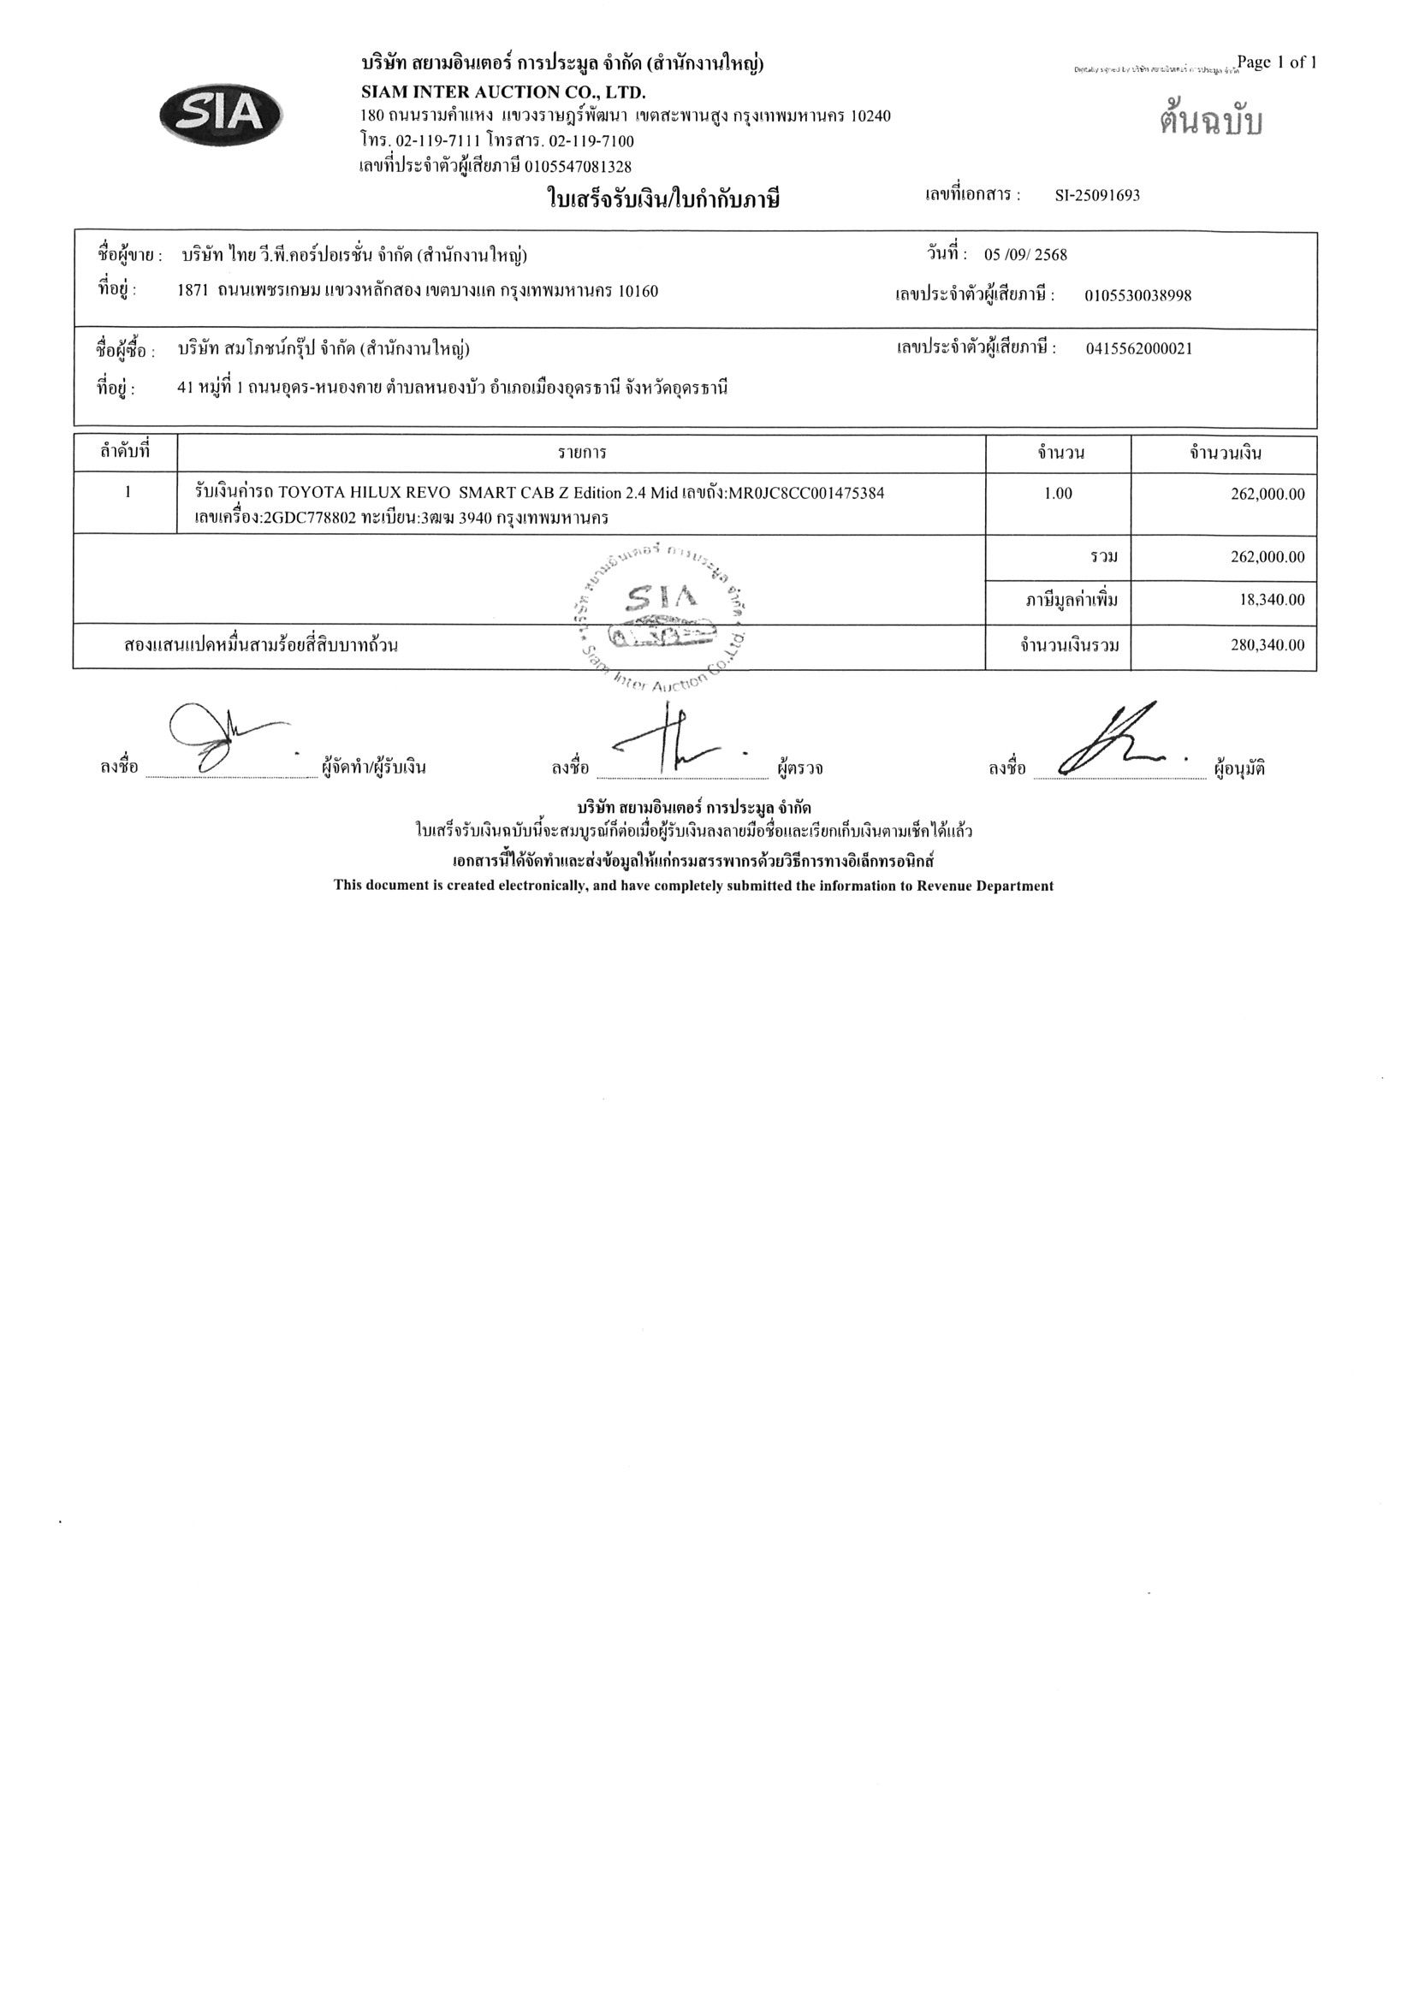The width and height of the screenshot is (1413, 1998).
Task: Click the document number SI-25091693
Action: pos(1096,196)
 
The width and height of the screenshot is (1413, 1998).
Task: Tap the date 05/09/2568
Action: pos(1024,255)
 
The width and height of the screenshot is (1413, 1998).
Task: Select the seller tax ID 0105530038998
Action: pos(1137,296)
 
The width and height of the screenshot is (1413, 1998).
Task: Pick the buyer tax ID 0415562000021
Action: pos(1139,349)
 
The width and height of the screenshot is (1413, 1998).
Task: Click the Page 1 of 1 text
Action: pos(1276,62)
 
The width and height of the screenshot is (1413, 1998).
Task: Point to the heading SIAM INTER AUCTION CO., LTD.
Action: pos(503,92)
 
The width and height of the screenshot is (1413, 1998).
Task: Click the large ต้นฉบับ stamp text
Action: pos(1210,122)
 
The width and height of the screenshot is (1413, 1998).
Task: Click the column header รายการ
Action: pos(582,454)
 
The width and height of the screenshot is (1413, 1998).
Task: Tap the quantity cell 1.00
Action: pos(1058,494)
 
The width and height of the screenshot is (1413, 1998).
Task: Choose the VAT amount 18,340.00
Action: pos(1272,600)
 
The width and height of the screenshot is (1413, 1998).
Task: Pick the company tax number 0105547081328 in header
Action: pos(578,166)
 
